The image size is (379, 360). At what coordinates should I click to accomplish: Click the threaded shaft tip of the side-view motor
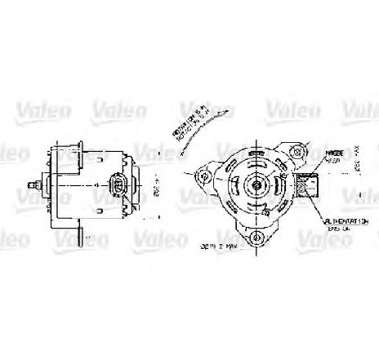(x=30, y=185)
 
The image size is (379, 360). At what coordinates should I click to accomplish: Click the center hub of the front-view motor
(x=257, y=184)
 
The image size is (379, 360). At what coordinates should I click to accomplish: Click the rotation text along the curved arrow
(x=189, y=123)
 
